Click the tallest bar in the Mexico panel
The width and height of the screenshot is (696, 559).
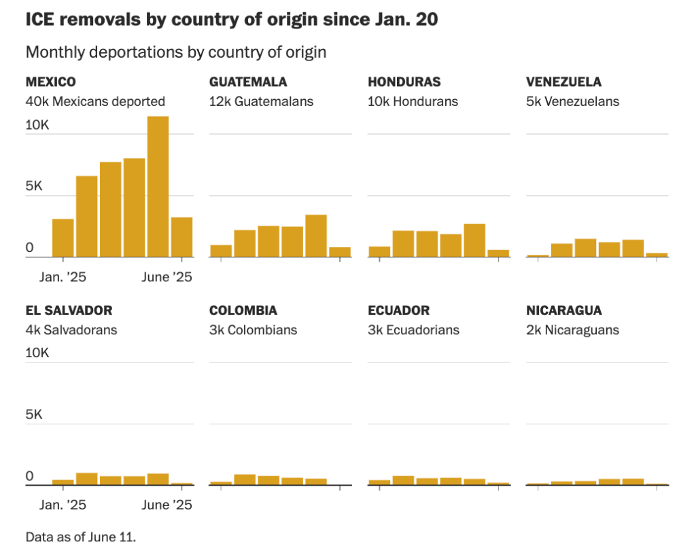pos(158,187)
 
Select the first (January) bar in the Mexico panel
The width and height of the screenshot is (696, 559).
pos(63,238)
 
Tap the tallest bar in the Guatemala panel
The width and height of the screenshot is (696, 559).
pos(316,236)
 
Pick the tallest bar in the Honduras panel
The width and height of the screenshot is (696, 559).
pos(474,240)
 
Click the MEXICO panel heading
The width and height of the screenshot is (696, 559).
pos(50,82)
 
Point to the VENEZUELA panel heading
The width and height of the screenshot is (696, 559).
pos(563,82)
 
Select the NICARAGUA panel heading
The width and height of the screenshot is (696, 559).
pos(563,310)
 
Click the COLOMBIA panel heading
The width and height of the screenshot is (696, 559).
pos(243,310)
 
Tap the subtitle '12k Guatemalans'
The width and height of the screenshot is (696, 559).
pos(261,101)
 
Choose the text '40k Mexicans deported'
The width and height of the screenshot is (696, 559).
pos(95,101)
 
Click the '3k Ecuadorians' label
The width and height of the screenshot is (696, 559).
pos(413,330)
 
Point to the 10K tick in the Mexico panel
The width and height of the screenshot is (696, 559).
pos(37,126)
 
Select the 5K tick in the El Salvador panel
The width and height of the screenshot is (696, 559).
pos(34,414)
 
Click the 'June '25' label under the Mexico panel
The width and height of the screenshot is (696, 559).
pos(167,277)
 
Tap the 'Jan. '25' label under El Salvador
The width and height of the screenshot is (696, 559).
pos(63,505)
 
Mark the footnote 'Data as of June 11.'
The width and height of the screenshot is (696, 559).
pos(81,537)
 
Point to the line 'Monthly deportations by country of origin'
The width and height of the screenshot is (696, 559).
pos(176,52)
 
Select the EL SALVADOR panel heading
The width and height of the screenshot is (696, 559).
pos(69,310)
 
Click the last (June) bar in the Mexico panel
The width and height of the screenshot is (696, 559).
pos(181,237)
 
